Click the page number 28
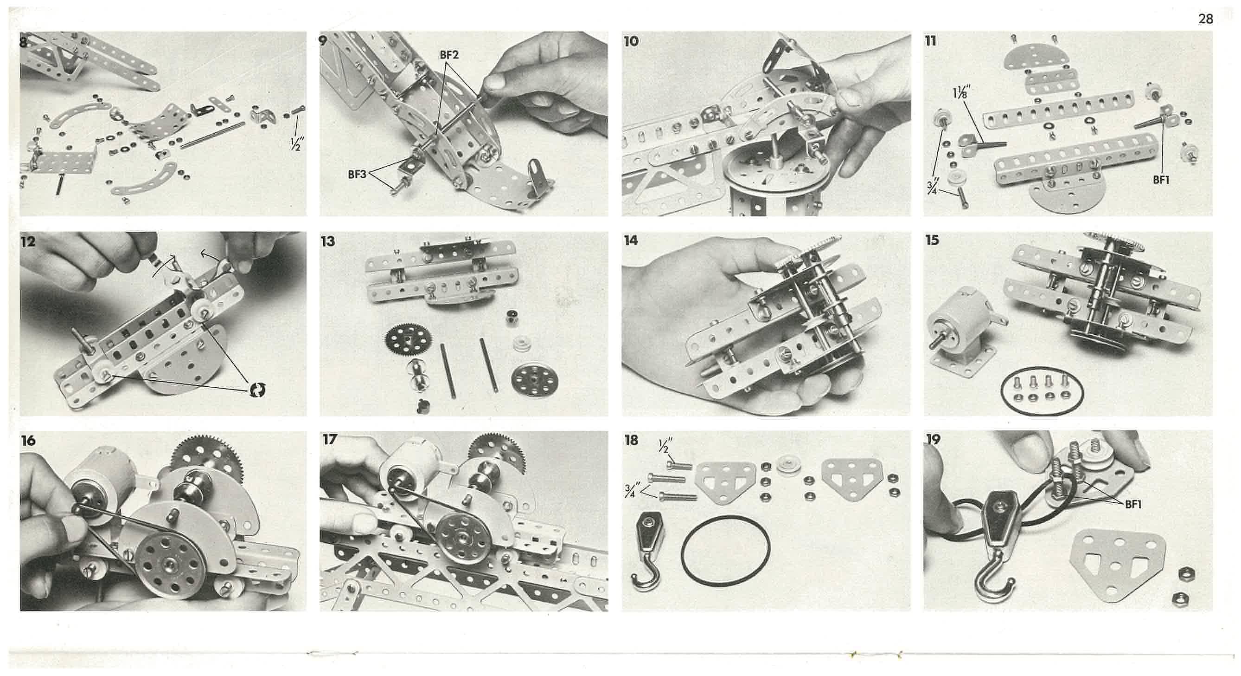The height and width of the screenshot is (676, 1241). pyautogui.click(x=1205, y=19)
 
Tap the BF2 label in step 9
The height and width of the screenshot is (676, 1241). pyautogui.click(x=449, y=55)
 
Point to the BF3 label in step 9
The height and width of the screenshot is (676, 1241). pyautogui.click(x=358, y=175)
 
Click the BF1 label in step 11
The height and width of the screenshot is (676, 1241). pyautogui.click(x=1161, y=180)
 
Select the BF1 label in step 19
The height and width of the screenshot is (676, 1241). pyautogui.click(x=1133, y=504)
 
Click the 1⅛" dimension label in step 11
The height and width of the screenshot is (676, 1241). pyautogui.click(x=961, y=91)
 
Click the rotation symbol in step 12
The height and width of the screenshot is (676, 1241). pyautogui.click(x=257, y=390)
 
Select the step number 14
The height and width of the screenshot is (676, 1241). pyautogui.click(x=631, y=240)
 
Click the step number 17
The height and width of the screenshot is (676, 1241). pyautogui.click(x=330, y=439)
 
